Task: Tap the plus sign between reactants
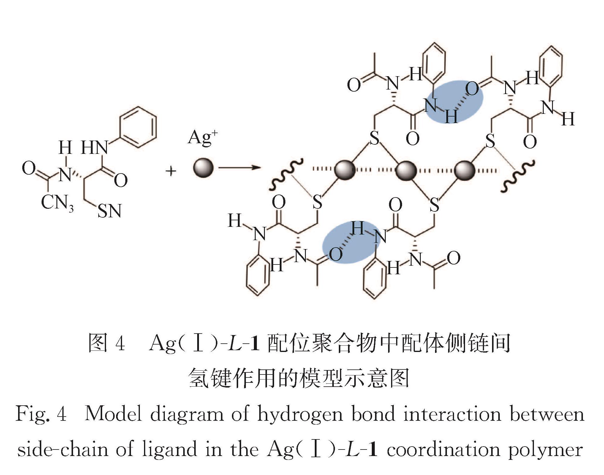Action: click(171, 171)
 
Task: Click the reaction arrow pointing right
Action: click(239, 168)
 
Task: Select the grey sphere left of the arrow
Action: click(203, 168)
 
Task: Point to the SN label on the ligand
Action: click(109, 211)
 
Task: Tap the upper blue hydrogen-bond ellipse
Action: click(455, 101)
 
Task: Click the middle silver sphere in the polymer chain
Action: click(406, 170)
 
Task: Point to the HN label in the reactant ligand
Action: click(94, 147)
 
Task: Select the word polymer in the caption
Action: click(545, 450)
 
